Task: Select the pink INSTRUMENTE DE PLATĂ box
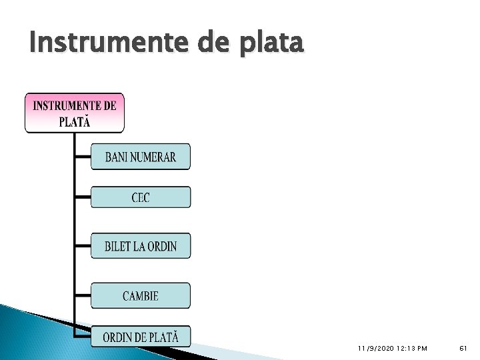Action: click(75, 113)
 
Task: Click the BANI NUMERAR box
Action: click(141, 157)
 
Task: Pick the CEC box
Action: click(141, 197)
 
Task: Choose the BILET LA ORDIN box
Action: click(141, 246)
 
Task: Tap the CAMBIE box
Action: click(141, 295)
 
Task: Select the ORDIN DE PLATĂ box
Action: click(141, 337)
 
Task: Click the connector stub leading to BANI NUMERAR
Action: click(83, 157)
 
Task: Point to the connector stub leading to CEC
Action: click(83, 197)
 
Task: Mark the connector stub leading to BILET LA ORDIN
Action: click(83, 246)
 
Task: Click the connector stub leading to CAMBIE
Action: click(83, 295)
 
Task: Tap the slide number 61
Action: click(464, 349)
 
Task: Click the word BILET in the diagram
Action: click(119, 247)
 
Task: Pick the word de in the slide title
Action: click(210, 43)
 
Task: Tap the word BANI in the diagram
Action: click(117, 157)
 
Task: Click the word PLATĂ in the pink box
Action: click(75, 121)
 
